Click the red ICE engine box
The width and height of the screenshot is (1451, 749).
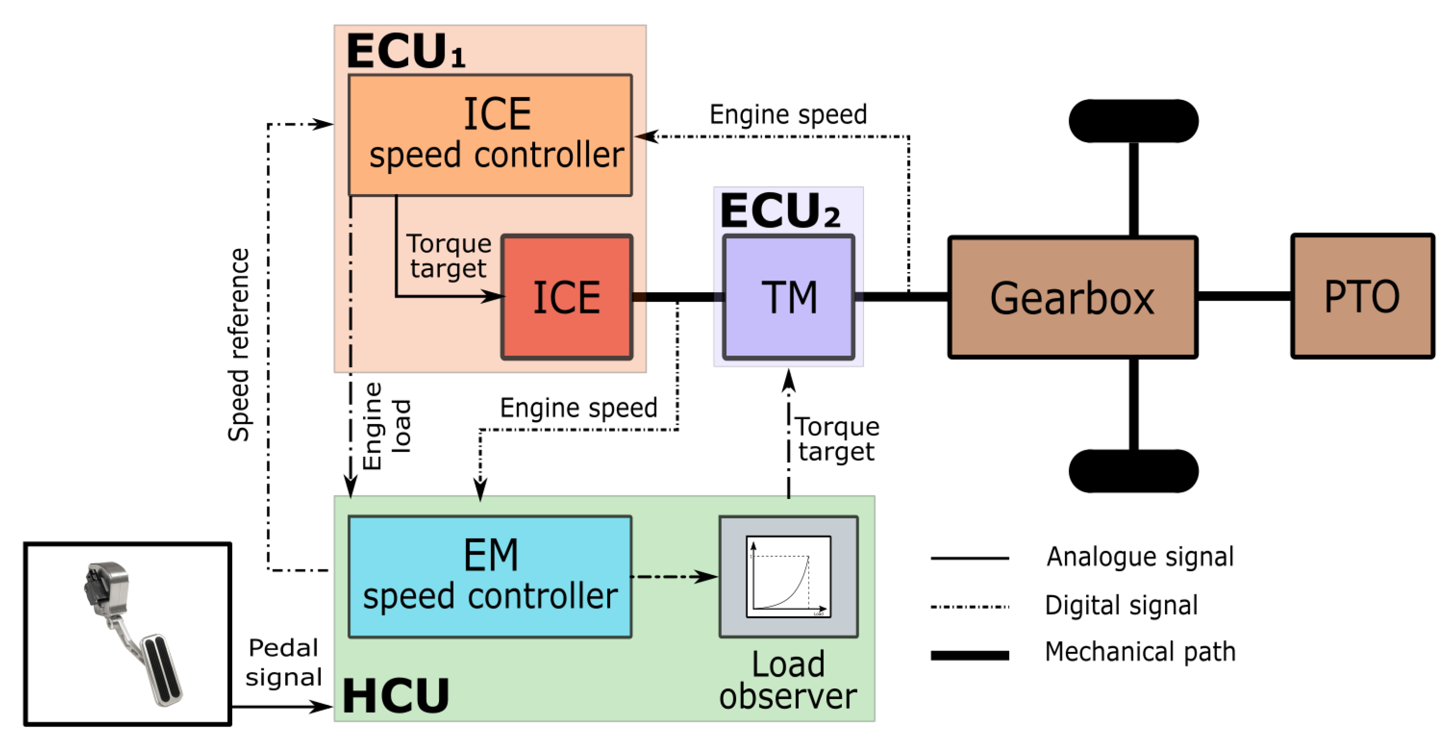pyautogui.click(x=567, y=297)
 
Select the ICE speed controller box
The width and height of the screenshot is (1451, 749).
pyautogui.click(x=490, y=135)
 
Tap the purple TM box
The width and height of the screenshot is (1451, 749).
pyautogui.click(x=789, y=297)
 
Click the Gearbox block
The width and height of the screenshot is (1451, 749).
pyautogui.click(x=1073, y=297)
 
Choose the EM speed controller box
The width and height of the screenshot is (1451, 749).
pyautogui.click(x=490, y=576)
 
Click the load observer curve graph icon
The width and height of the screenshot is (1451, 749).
pyautogui.click(x=789, y=576)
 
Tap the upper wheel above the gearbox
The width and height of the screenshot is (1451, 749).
pyautogui.click(x=1134, y=121)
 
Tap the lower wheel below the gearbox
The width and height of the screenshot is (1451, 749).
pyautogui.click(x=1134, y=471)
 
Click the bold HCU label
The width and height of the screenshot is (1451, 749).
pyautogui.click(x=395, y=696)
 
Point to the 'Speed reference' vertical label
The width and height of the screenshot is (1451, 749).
pyautogui.click(x=239, y=345)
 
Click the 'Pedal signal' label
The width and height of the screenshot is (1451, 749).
pyautogui.click(x=283, y=662)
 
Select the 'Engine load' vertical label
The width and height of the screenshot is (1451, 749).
pyautogui.click(x=386, y=426)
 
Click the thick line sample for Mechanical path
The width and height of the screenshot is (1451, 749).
pyautogui.click(x=969, y=655)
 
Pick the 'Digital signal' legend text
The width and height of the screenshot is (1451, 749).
pyautogui.click(x=1121, y=605)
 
